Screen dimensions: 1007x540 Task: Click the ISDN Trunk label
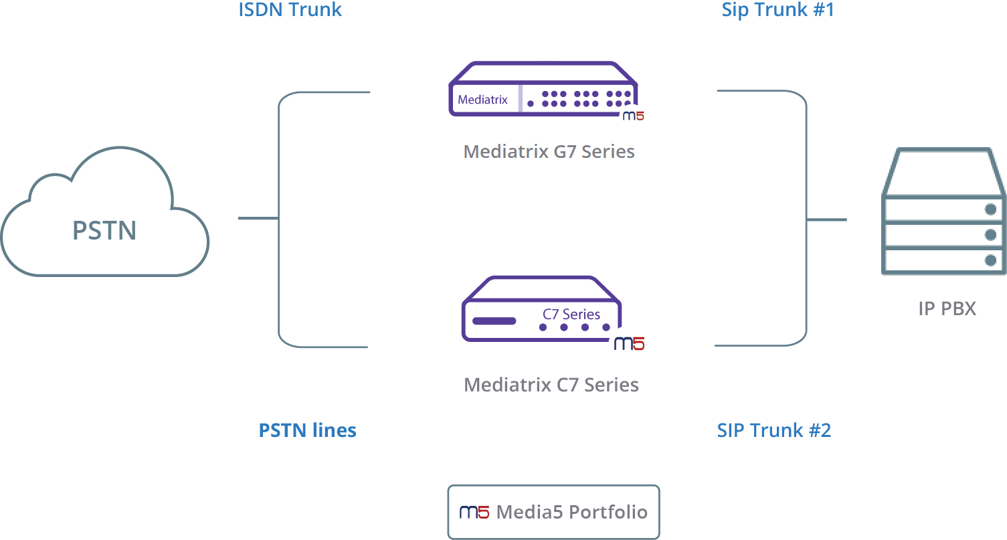(290, 9)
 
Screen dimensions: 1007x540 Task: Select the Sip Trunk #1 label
(777, 10)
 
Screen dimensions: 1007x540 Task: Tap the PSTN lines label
(308, 430)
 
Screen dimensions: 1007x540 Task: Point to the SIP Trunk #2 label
(773, 430)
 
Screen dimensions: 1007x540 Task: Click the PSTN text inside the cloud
(104, 231)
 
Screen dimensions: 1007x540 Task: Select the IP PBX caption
(947, 308)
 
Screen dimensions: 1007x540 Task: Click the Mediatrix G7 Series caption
(549, 151)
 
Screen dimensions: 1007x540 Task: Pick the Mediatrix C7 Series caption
(551, 385)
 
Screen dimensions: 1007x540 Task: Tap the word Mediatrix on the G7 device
(482, 99)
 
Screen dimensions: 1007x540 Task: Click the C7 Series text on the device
(571, 314)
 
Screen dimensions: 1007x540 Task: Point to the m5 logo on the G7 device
(634, 116)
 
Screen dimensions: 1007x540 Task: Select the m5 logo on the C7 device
(630, 343)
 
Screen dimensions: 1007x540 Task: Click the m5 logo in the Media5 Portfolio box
(474, 512)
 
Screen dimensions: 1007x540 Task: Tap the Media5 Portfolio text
(571, 512)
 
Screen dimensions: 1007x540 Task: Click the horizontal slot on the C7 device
(494, 321)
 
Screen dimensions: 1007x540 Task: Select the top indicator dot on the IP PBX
(990, 209)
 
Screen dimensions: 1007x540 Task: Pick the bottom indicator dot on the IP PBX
(990, 260)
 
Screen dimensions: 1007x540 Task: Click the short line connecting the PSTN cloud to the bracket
(258, 218)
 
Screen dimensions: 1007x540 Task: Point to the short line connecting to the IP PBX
(827, 219)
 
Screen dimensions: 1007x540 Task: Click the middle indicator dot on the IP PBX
(990, 235)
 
